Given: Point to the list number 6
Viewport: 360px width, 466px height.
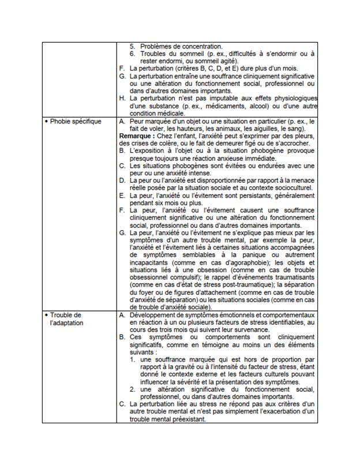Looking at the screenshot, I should (132, 54).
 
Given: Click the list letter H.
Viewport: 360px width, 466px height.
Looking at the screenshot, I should (122, 98).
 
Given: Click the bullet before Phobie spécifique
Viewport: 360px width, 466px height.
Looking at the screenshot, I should (46, 122).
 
